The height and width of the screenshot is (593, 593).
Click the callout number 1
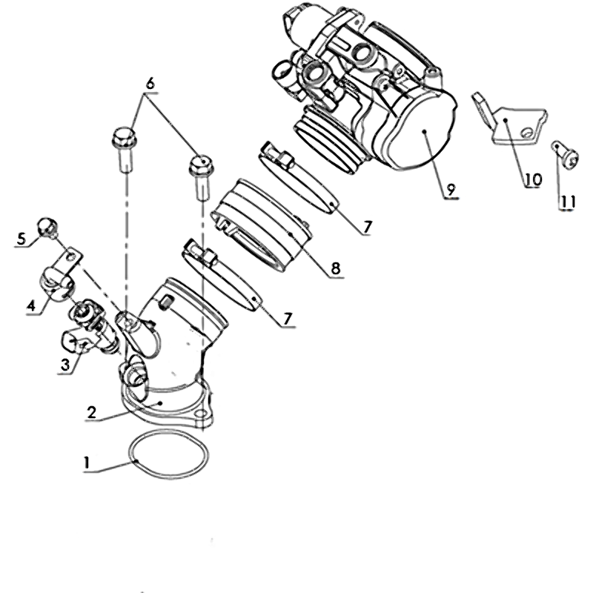[87, 462]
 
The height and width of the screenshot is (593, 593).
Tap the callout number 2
[92, 412]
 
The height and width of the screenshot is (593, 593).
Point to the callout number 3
[65, 365]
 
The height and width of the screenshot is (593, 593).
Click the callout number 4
[31, 305]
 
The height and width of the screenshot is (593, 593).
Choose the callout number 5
[21, 239]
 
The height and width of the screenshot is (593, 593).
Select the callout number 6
[150, 84]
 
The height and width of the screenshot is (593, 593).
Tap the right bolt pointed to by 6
[201, 176]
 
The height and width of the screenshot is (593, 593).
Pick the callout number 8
[336, 268]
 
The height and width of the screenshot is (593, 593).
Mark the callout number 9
[451, 190]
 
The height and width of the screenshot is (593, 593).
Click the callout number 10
[533, 179]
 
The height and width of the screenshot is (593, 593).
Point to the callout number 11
[567, 202]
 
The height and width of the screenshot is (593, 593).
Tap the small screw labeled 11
[565, 155]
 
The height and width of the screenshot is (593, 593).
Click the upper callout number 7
[368, 228]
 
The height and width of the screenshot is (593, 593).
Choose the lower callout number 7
[288, 319]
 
